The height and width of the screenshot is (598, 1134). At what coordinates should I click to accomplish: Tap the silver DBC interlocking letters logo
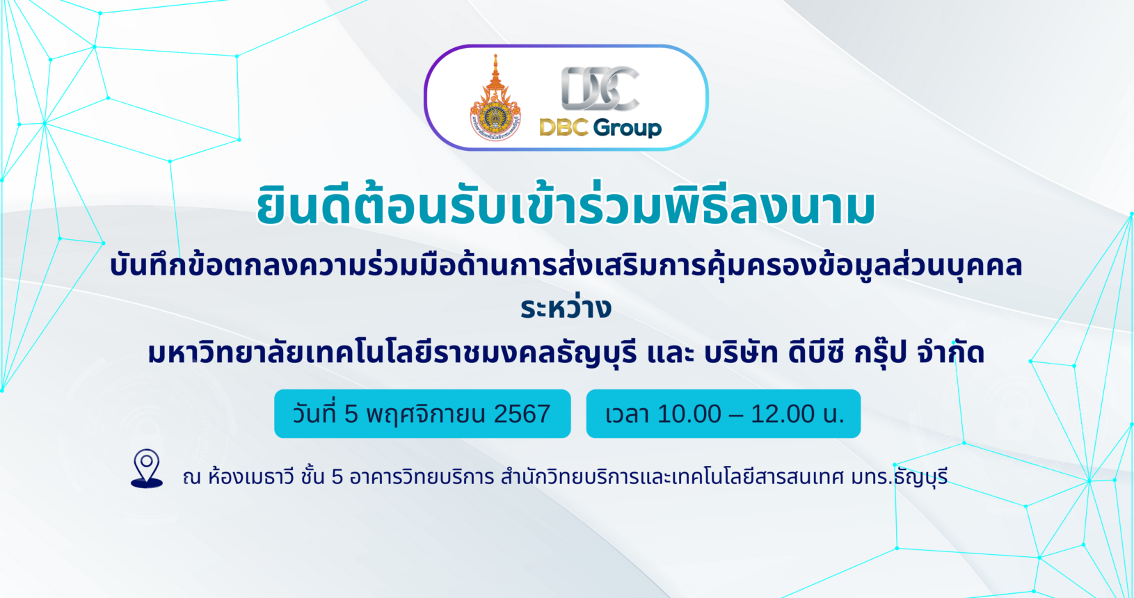(600, 88)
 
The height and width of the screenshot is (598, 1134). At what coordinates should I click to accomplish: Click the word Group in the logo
(628, 128)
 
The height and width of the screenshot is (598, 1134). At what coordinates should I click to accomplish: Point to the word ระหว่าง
(566, 307)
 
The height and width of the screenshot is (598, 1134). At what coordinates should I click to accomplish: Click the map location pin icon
(147, 468)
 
